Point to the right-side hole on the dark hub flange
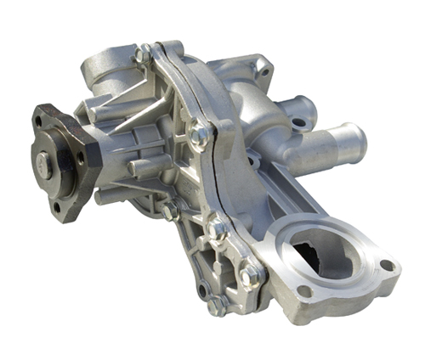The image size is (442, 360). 80,159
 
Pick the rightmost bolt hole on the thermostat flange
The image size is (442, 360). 387,265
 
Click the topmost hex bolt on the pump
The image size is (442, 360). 144,54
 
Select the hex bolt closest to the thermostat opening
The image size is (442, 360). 249,277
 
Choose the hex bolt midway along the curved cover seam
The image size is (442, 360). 201,133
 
